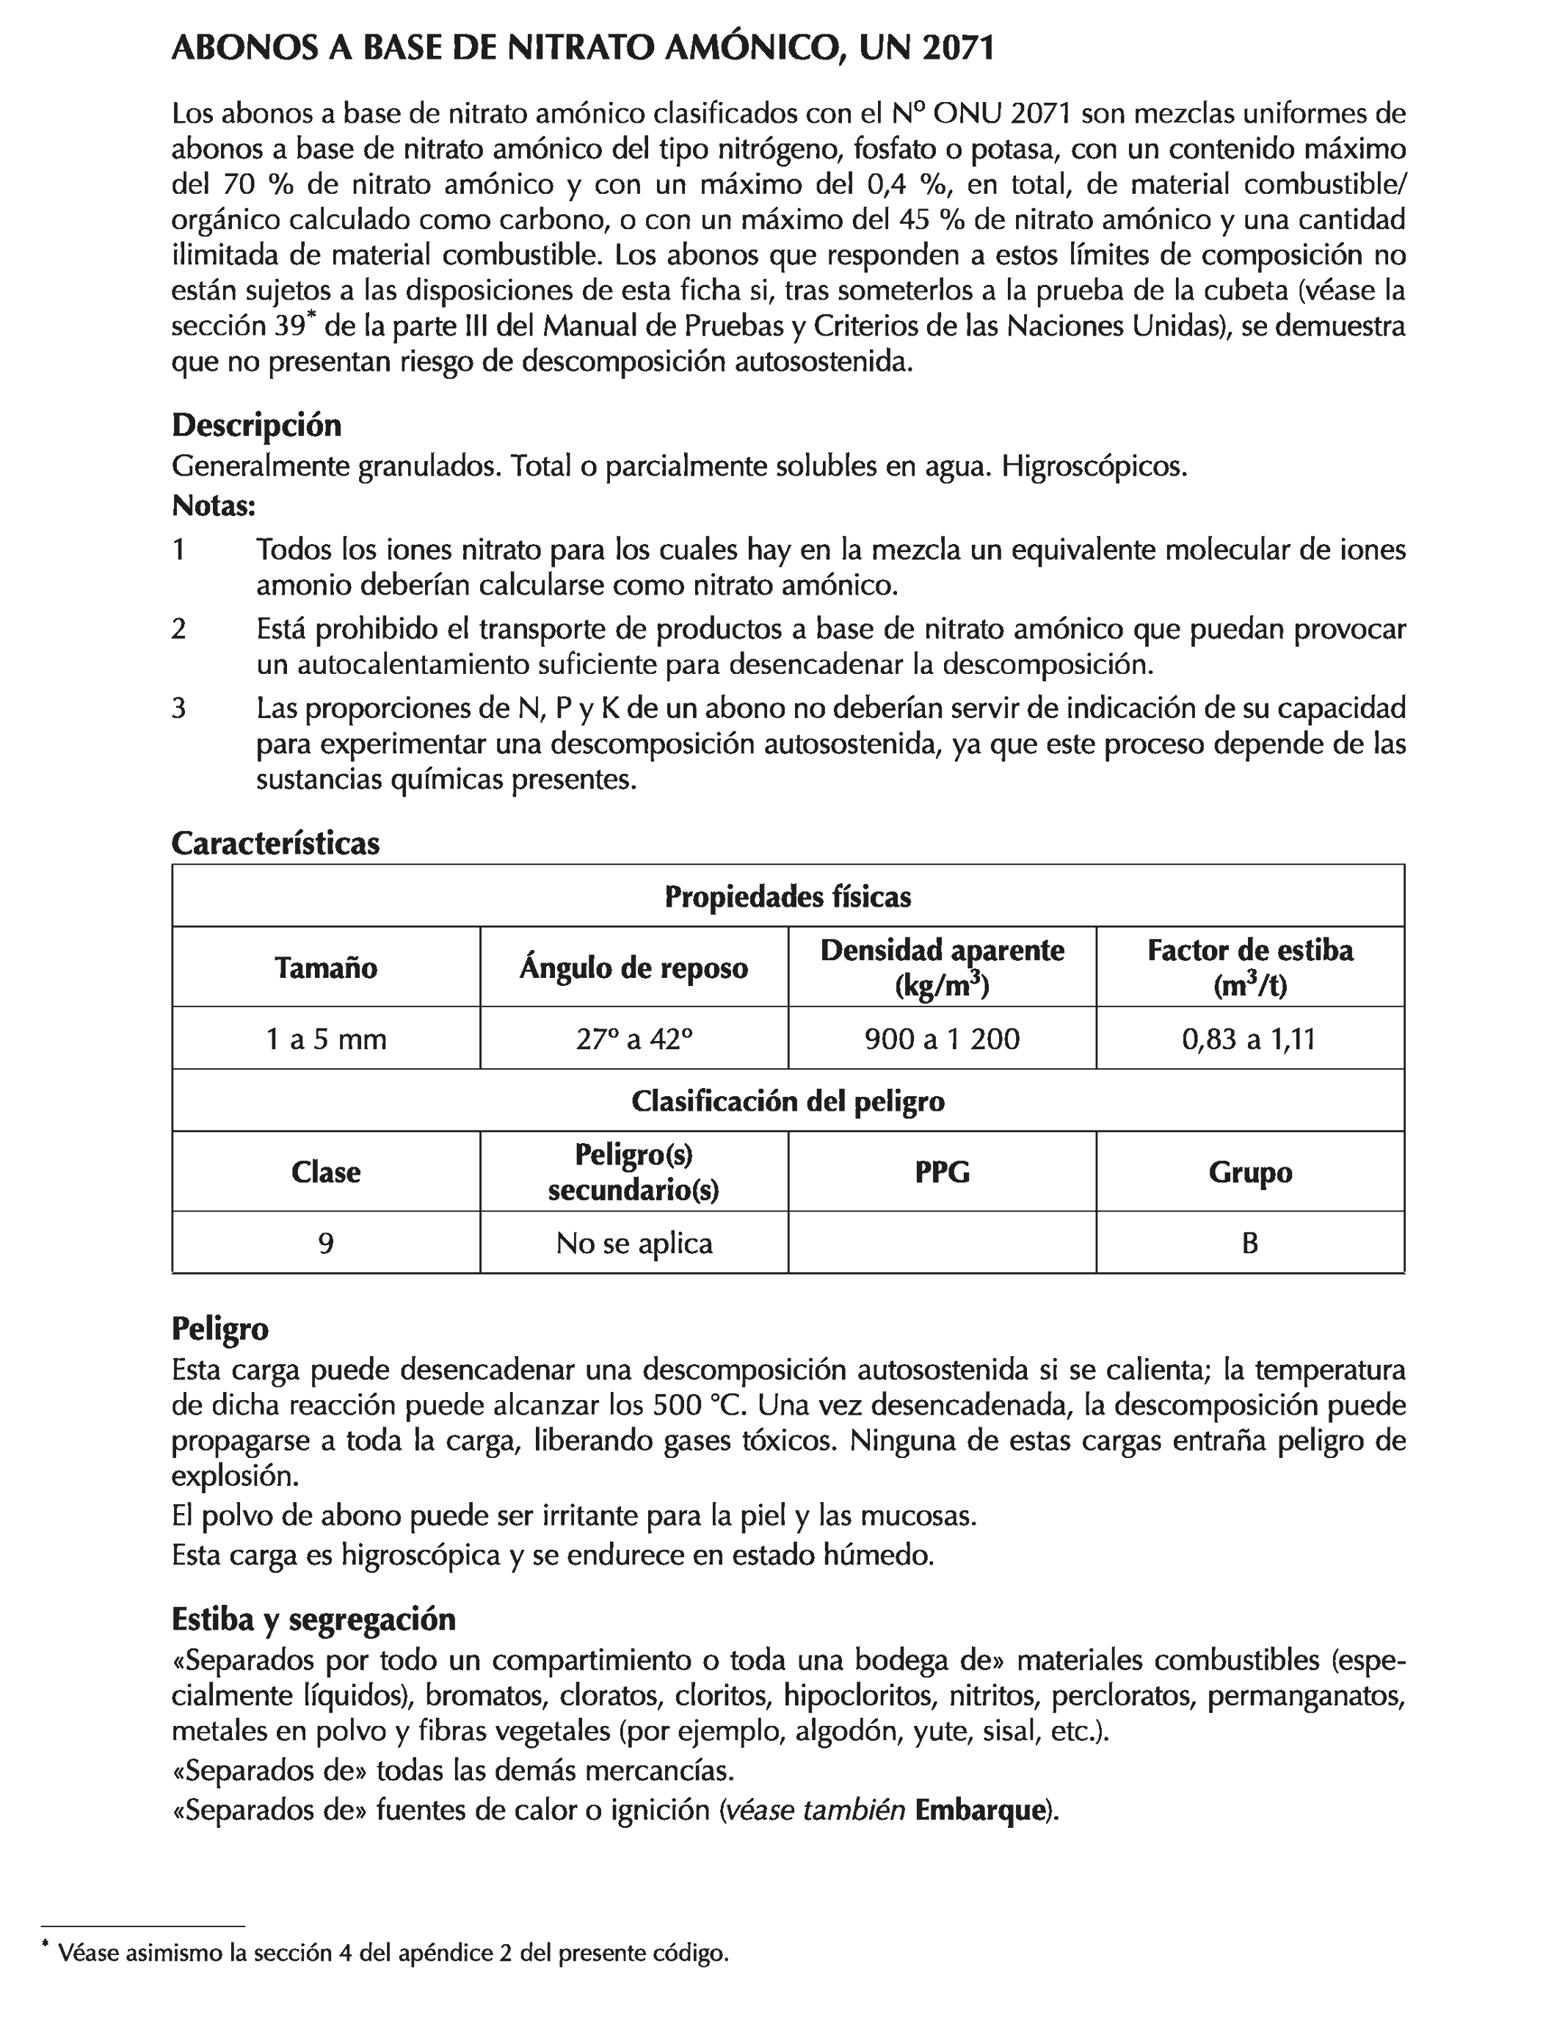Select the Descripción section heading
click(x=256, y=426)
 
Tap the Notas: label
click(x=214, y=506)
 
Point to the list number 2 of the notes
click(x=178, y=629)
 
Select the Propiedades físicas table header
click(x=787, y=896)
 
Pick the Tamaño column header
click(x=326, y=968)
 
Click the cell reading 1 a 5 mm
click(x=326, y=1039)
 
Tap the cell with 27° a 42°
click(x=633, y=1039)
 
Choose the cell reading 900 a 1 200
click(x=942, y=1039)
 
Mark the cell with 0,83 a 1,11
click(x=1249, y=1039)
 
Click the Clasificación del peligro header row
click(x=787, y=1101)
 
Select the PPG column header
click(x=942, y=1172)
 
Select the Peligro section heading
click(x=220, y=1330)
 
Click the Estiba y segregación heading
click(x=313, y=1619)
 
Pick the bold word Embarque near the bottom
click(x=979, y=1810)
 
